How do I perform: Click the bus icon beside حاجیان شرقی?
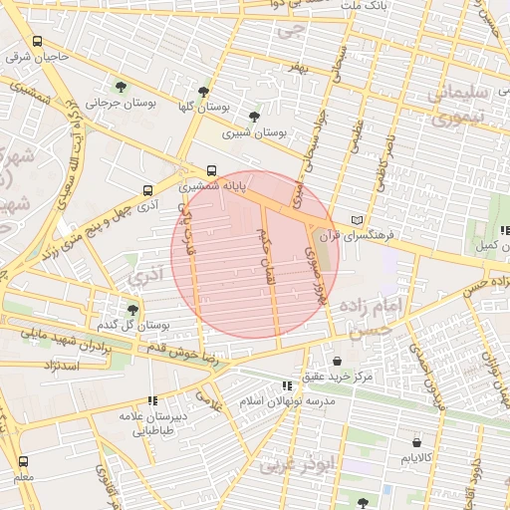37,42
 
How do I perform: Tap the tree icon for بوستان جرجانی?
122,88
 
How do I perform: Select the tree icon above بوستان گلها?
205,91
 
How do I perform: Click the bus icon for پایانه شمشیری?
211,170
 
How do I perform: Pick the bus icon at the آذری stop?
147,190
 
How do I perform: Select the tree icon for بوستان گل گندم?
132,310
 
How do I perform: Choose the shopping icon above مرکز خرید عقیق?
336,361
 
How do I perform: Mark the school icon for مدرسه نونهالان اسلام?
287,384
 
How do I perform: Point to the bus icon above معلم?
23,461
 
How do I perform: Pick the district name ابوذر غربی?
290,465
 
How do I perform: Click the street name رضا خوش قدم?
182,355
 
